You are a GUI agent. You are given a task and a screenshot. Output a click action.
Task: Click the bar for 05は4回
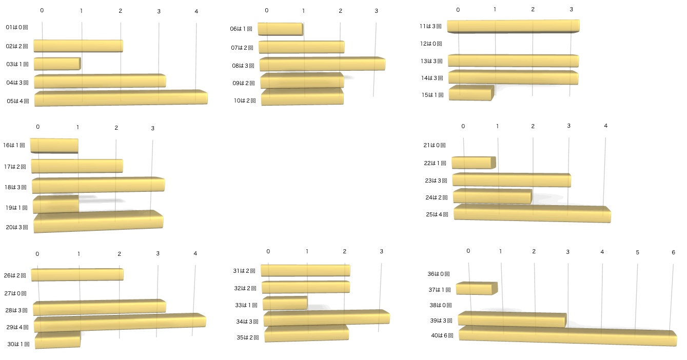click(x=121, y=98)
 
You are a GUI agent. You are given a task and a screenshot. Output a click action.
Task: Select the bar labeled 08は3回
click(x=322, y=64)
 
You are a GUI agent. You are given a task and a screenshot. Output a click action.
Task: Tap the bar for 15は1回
click(x=470, y=93)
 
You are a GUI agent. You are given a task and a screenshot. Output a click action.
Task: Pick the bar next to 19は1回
click(x=55, y=205)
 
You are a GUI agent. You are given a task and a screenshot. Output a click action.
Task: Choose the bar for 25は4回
click(x=532, y=213)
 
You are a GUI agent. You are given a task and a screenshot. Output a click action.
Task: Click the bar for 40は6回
click(x=567, y=336)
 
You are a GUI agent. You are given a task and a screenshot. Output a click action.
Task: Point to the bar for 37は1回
click(x=476, y=289)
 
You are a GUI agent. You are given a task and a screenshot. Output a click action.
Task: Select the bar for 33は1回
click(x=285, y=304)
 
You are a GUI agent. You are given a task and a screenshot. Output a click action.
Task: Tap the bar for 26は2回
click(x=77, y=274)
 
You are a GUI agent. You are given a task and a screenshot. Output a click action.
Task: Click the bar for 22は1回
click(x=473, y=163)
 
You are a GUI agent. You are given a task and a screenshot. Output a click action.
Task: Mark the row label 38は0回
click(x=440, y=305)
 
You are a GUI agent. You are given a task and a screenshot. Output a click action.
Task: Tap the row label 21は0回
click(x=435, y=146)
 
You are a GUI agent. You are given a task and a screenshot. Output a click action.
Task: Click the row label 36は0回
click(x=439, y=274)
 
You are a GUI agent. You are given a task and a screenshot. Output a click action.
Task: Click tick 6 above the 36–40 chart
click(x=673, y=252)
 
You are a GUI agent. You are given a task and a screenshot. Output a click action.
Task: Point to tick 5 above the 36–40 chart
click(x=638, y=252)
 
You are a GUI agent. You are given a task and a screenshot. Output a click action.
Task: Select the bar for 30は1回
click(x=57, y=340)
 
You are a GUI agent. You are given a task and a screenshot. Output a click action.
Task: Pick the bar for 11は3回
click(x=513, y=26)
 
